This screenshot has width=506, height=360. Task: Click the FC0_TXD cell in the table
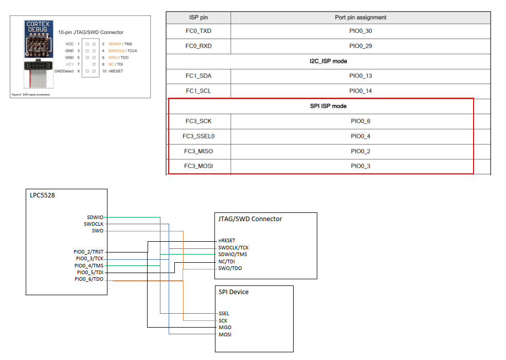(198, 31)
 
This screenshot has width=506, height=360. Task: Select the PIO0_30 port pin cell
(360, 31)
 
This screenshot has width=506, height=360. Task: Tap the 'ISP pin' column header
(198, 17)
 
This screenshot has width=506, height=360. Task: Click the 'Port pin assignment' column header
(360, 17)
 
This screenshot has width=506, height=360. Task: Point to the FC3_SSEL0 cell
(198, 136)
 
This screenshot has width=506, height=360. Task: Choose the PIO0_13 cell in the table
(360, 76)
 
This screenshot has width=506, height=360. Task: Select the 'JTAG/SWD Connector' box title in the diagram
(250, 219)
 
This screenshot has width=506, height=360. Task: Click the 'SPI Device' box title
(233, 292)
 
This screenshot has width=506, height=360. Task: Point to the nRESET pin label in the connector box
(227, 240)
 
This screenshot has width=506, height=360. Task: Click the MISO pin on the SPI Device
(225, 327)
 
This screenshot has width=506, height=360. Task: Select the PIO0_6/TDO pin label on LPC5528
(89, 279)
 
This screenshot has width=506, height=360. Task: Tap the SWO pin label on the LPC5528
(98, 231)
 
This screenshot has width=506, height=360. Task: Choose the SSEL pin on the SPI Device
(224, 313)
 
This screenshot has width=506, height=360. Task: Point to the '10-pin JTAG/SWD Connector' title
(91, 32)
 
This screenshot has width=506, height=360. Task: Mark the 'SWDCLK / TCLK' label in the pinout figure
(123, 51)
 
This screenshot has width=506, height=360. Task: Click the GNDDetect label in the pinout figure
(65, 71)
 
